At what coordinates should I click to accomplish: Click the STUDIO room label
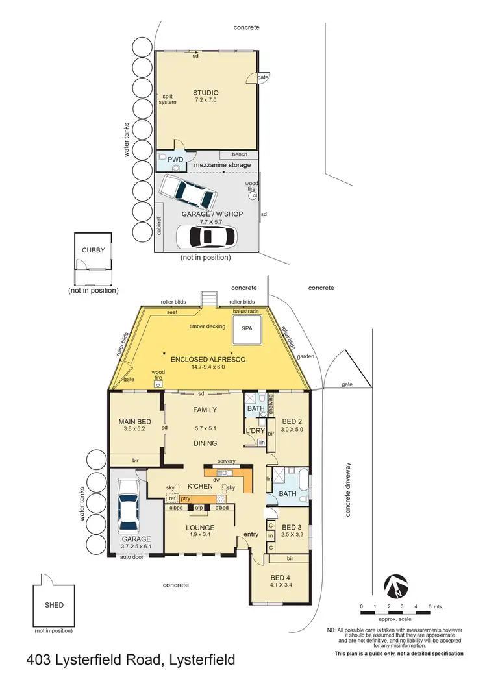pyautogui.click(x=205, y=93)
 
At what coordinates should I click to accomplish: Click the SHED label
pyautogui.click(x=55, y=605)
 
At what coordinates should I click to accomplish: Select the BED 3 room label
pyautogui.click(x=292, y=527)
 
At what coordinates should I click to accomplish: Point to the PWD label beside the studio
pyautogui.click(x=175, y=158)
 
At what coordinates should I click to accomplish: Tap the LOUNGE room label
pyautogui.click(x=201, y=528)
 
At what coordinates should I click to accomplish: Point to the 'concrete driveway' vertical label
pyautogui.click(x=348, y=489)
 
